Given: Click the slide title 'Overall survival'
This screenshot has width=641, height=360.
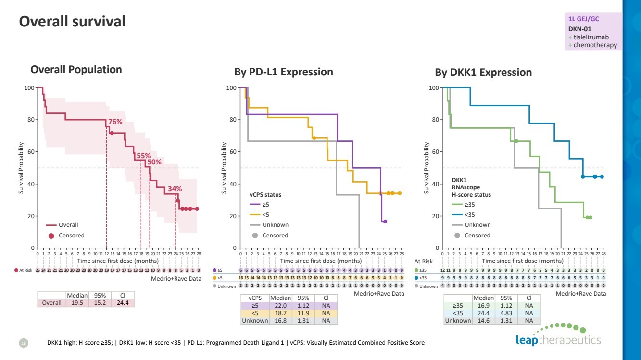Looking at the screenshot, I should pos(72,21).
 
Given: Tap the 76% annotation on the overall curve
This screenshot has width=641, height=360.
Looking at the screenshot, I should pos(115,122).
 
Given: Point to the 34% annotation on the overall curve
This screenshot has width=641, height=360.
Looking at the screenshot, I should pos(175,188).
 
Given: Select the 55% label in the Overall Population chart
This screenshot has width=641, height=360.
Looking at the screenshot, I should pos(143,156).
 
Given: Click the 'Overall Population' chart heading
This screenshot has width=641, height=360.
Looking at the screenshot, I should pos(76,69).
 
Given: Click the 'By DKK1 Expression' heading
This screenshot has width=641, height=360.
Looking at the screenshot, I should pos(483,73).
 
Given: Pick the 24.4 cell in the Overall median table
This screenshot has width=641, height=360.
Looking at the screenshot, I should pos(123,303).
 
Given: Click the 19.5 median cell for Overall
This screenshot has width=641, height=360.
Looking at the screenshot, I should pos(77,303).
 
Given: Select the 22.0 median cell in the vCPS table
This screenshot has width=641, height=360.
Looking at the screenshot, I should pos(280,305).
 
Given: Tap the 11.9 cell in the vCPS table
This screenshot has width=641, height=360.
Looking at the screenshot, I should pos(303,313).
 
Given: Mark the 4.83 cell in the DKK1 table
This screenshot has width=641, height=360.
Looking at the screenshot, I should pos(507,313).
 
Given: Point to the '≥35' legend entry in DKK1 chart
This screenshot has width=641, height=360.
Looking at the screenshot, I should pos(470,205).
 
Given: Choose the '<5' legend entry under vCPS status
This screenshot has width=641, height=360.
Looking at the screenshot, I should pos(266,215).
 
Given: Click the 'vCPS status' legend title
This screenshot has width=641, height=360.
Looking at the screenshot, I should pos(265,195).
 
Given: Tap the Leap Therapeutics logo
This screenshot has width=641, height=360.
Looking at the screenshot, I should pos(558,336).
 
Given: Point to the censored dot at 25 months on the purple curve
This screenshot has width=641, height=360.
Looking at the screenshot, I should pos(385,222).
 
